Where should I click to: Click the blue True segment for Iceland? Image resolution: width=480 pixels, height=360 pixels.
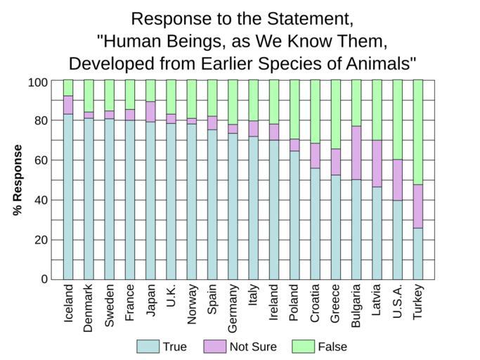pos(68,196)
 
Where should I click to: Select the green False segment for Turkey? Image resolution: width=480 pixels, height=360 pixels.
pos(418,132)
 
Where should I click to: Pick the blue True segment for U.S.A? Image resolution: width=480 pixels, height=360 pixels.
pos(398,240)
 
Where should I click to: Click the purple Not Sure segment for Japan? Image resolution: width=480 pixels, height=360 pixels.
pos(150,112)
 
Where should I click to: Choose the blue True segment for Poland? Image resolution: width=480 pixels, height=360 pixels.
pos(294,214)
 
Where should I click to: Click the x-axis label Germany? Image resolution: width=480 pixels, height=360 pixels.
pos(233,308)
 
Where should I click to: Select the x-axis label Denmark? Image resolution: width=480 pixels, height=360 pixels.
pos(89,307)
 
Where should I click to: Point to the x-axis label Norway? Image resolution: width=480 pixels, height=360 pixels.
pos(192,304)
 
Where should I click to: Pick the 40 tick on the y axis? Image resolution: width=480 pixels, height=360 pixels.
pos(41,200)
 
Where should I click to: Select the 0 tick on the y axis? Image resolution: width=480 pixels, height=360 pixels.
pos(44,279)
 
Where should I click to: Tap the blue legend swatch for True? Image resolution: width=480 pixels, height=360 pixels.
pos(147,347)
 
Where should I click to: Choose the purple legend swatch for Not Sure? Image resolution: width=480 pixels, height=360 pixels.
pos(214,347)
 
